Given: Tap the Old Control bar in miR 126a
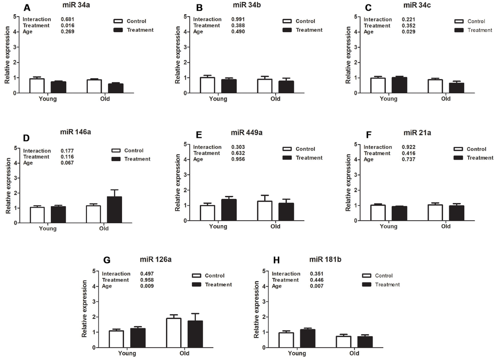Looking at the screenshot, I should [174, 333].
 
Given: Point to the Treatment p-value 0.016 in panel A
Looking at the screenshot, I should [67, 26].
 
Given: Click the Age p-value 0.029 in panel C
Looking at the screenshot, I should [409, 32].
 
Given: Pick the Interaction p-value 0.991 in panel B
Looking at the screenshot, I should [238, 20].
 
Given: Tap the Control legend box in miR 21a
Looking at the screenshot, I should [459, 148].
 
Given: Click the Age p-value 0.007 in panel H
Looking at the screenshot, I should [317, 286].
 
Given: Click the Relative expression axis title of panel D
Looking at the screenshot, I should [8, 186].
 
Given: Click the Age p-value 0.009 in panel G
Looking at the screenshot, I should [147, 286].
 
